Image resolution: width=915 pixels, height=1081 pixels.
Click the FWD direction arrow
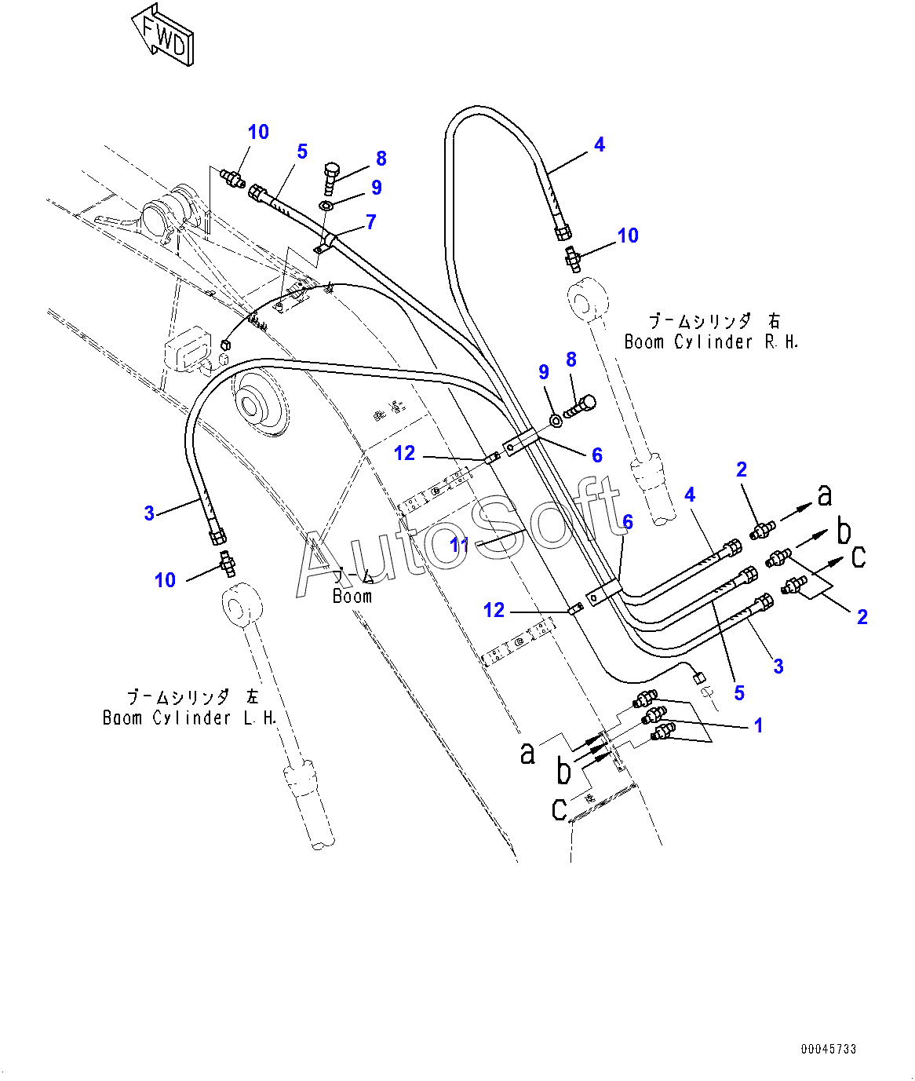pyautogui.click(x=163, y=35)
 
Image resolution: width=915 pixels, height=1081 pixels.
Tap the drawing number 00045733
pyautogui.click(x=829, y=1049)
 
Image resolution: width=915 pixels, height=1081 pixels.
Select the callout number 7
pyautogui.click(x=371, y=222)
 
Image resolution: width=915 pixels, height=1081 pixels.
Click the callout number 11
pyautogui.click(x=459, y=543)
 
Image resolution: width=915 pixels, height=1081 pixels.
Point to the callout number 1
pyautogui.click(x=758, y=725)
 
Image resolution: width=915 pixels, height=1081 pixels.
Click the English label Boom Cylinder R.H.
pyautogui.click(x=711, y=341)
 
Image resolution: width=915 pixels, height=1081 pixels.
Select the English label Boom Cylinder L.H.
pyautogui.click(x=190, y=718)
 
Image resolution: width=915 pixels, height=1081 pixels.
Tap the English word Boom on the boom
pyautogui.click(x=352, y=596)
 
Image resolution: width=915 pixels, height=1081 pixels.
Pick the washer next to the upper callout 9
pyautogui.click(x=326, y=206)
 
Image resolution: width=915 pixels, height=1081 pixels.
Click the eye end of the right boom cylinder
pyautogui.click(x=588, y=302)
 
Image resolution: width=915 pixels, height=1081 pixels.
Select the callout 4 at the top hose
pyautogui.click(x=600, y=144)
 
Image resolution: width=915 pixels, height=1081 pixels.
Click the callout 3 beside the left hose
pyautogui.click(x=149, y=513)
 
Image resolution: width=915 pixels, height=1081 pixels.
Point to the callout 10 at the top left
pyautogui.click(x=258, y=132)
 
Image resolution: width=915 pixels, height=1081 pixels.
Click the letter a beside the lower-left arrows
pyautogui.click(x=528, y=753)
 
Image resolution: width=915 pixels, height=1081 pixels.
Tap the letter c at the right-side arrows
pyautogui.click(x=859, y=557)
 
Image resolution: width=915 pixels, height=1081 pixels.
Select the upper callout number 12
pyautogui.click(x=404, y=453)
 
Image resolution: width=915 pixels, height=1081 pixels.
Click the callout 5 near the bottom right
pyautogui.click(x=739, y=693)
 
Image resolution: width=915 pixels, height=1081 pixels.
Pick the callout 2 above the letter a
pyautogui.click(x=742, y=469)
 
